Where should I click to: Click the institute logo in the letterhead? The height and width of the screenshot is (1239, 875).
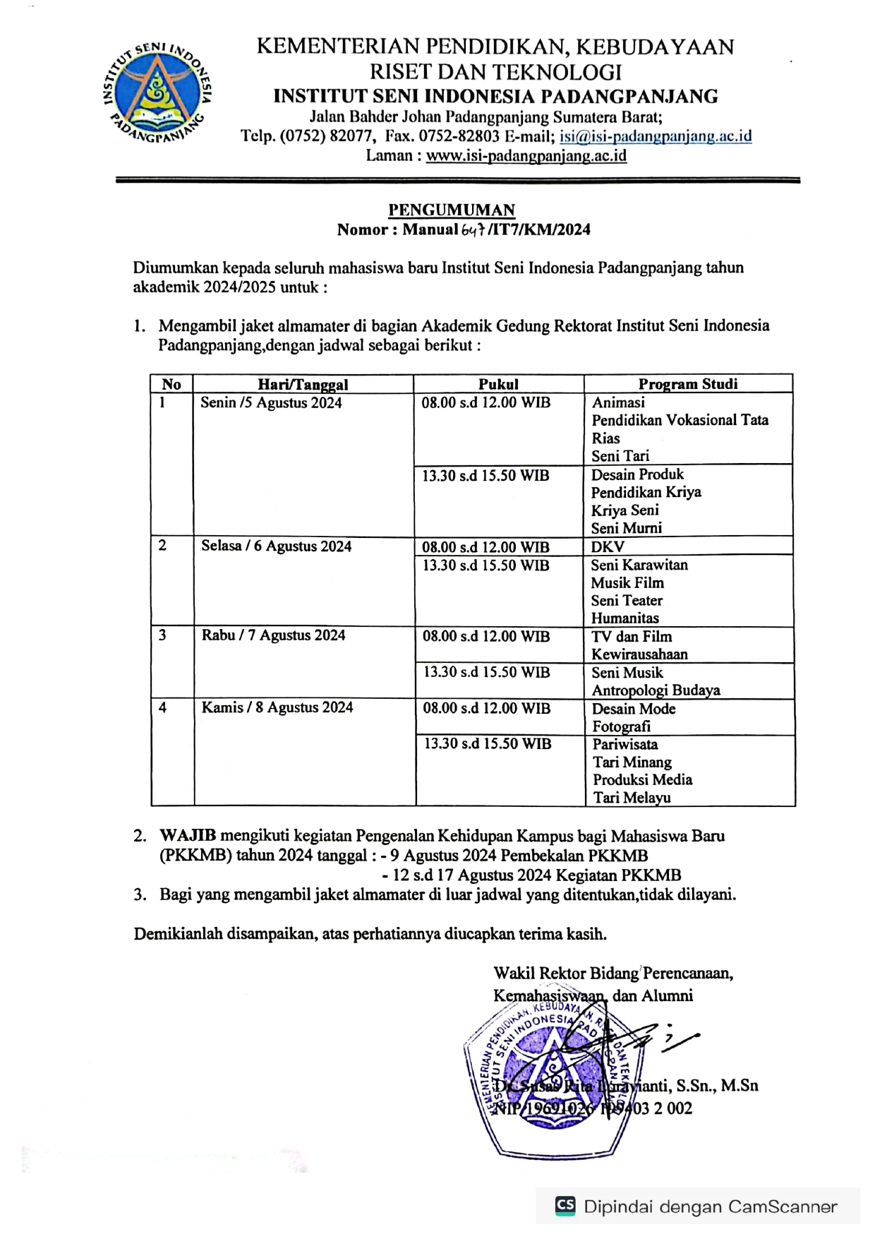click(x=157, y=92)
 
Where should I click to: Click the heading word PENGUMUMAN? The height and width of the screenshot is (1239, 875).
click(x=452, y=210)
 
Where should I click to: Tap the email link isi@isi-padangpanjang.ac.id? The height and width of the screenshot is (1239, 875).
click(x=656, y=136)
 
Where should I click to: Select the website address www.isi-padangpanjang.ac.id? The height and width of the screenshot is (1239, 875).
click(x=526, y=156)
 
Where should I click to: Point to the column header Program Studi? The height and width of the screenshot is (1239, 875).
click(x=688, y=384)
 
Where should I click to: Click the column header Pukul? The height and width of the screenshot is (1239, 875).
click(x=498, y=384)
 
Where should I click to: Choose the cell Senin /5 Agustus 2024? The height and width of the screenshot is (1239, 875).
click(x=271, y=403)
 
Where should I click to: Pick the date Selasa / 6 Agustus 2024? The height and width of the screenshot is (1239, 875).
click(x=276, y=546)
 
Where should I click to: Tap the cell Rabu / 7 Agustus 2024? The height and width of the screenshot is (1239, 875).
click(x=274, y=635)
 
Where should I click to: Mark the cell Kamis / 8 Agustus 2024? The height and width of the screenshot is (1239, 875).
click(x=277, y=707)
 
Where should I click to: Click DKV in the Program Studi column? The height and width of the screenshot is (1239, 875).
click(x=608, y=546)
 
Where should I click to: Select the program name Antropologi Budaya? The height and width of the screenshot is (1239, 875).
click(x=656, y=690)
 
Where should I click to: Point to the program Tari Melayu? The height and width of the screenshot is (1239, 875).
click(x=632, y=798)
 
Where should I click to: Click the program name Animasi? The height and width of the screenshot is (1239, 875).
click(x=618, y=402)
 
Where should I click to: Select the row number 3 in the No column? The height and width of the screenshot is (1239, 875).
click(x=163, y=635)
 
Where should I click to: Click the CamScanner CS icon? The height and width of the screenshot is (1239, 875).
click(x=565, y=1206)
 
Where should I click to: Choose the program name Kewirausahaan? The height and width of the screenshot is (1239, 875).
click(x=639, y=654)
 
